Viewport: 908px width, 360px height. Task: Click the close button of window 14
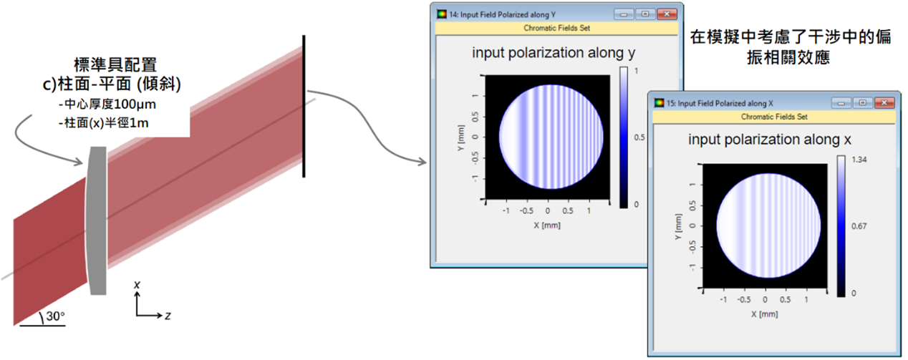pyautogui.click(x=667, y=14)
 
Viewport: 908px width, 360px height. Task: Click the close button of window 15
pyautogui.click(x=884, y=103)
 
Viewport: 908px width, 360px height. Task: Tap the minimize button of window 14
pyautogui.click(x=624, y=14)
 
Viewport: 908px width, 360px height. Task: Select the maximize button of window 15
pyautogui.click(x=863, y=103)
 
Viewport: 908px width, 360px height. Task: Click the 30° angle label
pyautogui.click(x=55, y=316)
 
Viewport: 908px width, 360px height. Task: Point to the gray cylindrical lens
pyautogui.click(x=97, y=220)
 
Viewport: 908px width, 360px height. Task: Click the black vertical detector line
pyautogui.click(x=304, y=106)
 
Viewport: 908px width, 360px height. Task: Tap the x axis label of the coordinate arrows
pyautogui.click(x=137, y=285)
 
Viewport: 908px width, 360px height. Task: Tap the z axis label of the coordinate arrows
pyautogui.click(x=168, y=316)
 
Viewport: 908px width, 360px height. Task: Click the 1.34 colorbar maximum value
pyautogui.click(x=859, y=160)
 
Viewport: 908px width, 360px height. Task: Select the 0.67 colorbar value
pyautogui.click(x=859, y=226)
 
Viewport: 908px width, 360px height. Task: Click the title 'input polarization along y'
pyautogui.click(x=554, y=53)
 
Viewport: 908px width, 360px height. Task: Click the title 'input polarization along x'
pyautogui.click(x=769, y=140)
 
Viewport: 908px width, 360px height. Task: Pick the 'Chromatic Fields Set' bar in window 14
pyautogui.click(x=556, y=28)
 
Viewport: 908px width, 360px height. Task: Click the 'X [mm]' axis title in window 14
pyautogui.click(x=547, y=225)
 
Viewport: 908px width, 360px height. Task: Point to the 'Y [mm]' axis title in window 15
pyautogui.click(x=678, y=226)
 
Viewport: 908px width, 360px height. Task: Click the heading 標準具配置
pyautogui.click(x=115, y=64)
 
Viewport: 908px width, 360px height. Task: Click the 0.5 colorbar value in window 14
pyautogui.click(x=639, y=137)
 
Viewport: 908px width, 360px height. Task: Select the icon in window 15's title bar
pyautogui.click(x=659, y=103)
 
